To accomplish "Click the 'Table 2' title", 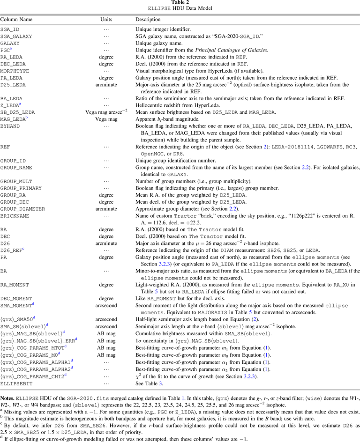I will coord(180,3).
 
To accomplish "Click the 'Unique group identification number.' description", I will coord(173,159).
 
